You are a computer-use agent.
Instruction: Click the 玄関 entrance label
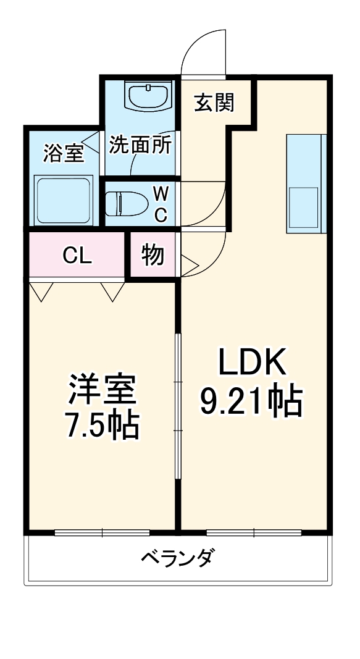[x=214, y=103]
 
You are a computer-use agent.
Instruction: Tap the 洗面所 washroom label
[x=140, y=145]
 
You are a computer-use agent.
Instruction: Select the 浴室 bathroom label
[x=63, y=153]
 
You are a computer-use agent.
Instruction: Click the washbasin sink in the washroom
[x=148, y=96]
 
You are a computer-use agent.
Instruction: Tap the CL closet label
[x=78, y=255]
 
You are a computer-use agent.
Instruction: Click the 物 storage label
[x=153, y=254]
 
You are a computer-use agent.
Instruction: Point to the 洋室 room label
[x=101, y=390]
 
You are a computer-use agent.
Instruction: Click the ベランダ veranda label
[x=177, y=558]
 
